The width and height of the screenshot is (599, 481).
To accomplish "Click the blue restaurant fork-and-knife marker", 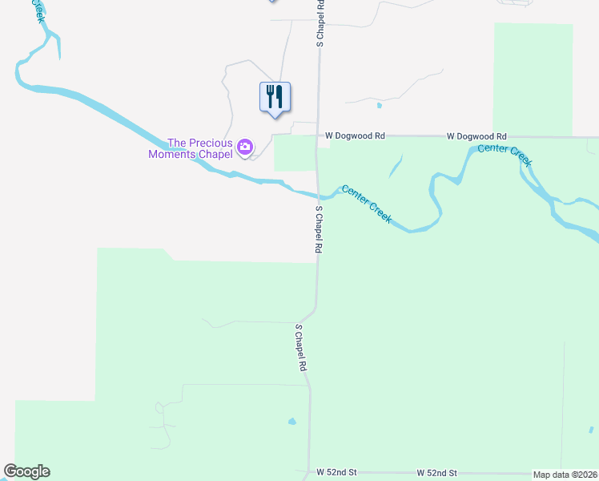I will (x=275, y=97).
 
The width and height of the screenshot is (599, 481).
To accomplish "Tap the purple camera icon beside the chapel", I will (x=245, y=147).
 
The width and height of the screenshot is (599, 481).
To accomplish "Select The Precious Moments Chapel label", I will (x=191, y=148).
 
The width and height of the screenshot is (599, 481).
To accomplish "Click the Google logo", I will (x=27, y=471).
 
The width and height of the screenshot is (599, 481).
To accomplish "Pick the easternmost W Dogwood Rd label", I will (x=476, y=136).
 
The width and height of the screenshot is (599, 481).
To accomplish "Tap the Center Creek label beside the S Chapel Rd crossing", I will (x=367, y=203).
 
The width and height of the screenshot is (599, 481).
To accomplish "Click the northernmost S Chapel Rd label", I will (x=320, y=24).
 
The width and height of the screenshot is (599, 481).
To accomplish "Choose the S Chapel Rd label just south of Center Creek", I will (x=319, y=229).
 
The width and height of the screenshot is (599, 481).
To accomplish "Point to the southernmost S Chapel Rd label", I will (x=302, y=347).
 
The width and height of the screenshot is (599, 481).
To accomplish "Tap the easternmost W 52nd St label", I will (x=436, y=473).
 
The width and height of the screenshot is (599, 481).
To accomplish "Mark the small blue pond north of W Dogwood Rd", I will (x=379, y=105).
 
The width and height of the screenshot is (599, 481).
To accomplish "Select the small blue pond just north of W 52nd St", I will (x=292, y=421).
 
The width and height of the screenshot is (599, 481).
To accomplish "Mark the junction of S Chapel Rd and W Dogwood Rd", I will (x=320, y=136).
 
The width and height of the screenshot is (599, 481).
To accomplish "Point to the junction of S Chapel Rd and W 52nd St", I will (x=309, y=473).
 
